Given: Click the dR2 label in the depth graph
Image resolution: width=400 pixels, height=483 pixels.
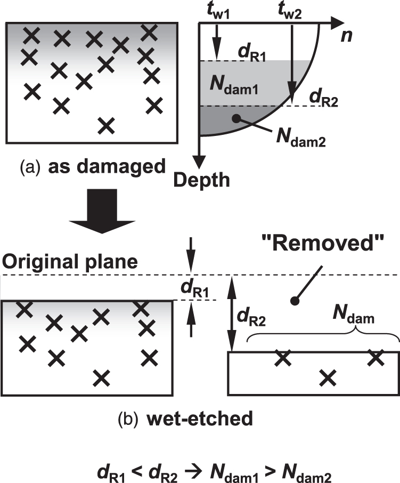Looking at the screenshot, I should pos(324,99).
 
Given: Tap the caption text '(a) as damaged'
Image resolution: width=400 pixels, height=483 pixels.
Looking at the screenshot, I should pos(89,166).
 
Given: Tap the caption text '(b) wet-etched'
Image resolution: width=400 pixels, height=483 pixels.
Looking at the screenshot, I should pos(185,419).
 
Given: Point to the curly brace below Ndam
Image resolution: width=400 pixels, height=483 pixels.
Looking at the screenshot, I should pos(323,336).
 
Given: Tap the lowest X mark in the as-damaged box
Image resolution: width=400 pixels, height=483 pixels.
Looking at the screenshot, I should pos(107,125).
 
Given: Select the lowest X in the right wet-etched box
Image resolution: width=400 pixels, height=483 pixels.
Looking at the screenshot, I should pos(328,377).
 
